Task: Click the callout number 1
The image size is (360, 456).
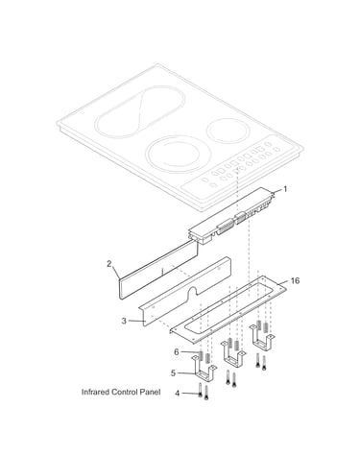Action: (x=285, y=189)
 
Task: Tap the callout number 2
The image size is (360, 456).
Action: (x=109, y=264)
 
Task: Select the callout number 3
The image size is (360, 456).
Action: (x=124, y=321)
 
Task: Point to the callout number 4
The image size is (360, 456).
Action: (x=178, y=393)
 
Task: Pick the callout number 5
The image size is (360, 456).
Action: (x=173, y=373)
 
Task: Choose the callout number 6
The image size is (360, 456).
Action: (x=177, y=352)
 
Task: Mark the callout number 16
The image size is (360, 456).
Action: (x=295, y=280)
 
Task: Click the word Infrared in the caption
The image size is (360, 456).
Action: (x=95, y=392)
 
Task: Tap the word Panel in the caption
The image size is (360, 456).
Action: (x=150, y=392)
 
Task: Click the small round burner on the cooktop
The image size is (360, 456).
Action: (x=228, y=131)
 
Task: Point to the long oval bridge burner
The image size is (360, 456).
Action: (x=140, y=111)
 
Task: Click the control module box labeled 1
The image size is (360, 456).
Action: (x=231, y=215)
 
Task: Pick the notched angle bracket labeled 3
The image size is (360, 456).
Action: (x=185, y=291)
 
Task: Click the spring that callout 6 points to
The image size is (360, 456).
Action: (x=201, y=357)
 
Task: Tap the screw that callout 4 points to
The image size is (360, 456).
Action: (x=201, y=390)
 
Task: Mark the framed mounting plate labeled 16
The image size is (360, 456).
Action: (x=228, y=310)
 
